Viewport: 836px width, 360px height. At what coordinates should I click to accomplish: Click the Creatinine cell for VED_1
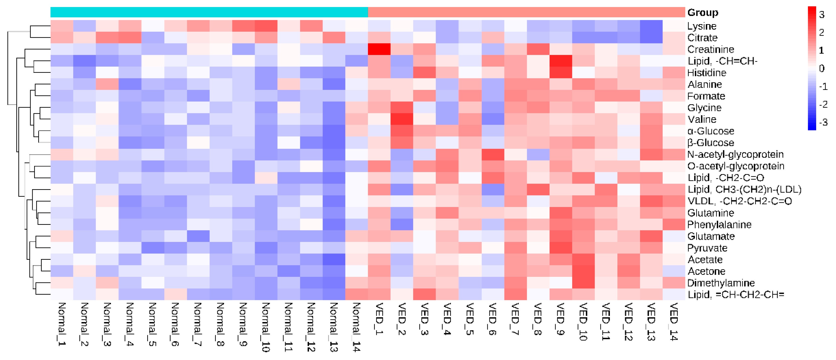[x=379, y=49]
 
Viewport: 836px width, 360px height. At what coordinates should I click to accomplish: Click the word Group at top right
[x=703, y=13]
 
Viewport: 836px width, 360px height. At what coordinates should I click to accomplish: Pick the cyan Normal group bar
[x=209, y=12]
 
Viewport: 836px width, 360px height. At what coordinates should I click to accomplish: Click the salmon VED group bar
[x=526, y=12]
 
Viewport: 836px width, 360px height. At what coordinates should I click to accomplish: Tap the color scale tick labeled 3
[x=821, y=15]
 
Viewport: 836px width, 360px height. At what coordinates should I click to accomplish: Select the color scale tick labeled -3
[x=823, y=123]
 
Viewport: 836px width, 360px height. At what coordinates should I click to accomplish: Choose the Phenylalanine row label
[x=719, y=225]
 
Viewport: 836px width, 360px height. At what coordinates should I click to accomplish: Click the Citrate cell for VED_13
[x=651, y=38]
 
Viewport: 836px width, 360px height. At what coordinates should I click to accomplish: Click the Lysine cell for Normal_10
[x=266, y=26]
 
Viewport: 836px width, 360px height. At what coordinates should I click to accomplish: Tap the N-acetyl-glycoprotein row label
[x=735, y=155]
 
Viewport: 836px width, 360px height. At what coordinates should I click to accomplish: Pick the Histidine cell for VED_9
[x=560, y=73]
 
